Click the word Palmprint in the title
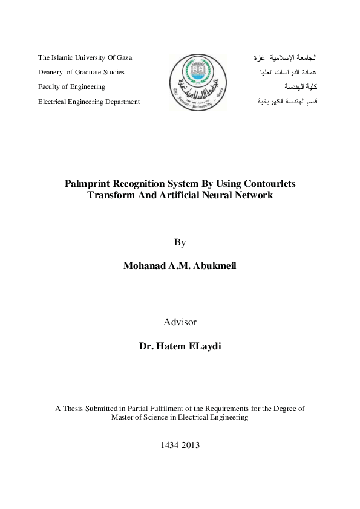tap(89, 183)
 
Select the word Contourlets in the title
tap(269, 183)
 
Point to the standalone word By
tap(180, 242)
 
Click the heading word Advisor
tap(180, 322)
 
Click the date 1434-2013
tap(180, 445)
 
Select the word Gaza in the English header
tap(124, 58)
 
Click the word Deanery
tap(51, 73)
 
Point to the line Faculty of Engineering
tap(71, 87)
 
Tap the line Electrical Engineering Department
tap(89, 102)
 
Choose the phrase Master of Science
tap(142, 418)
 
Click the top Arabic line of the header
tap(285, 58)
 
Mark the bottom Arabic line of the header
tap(287, 102)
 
